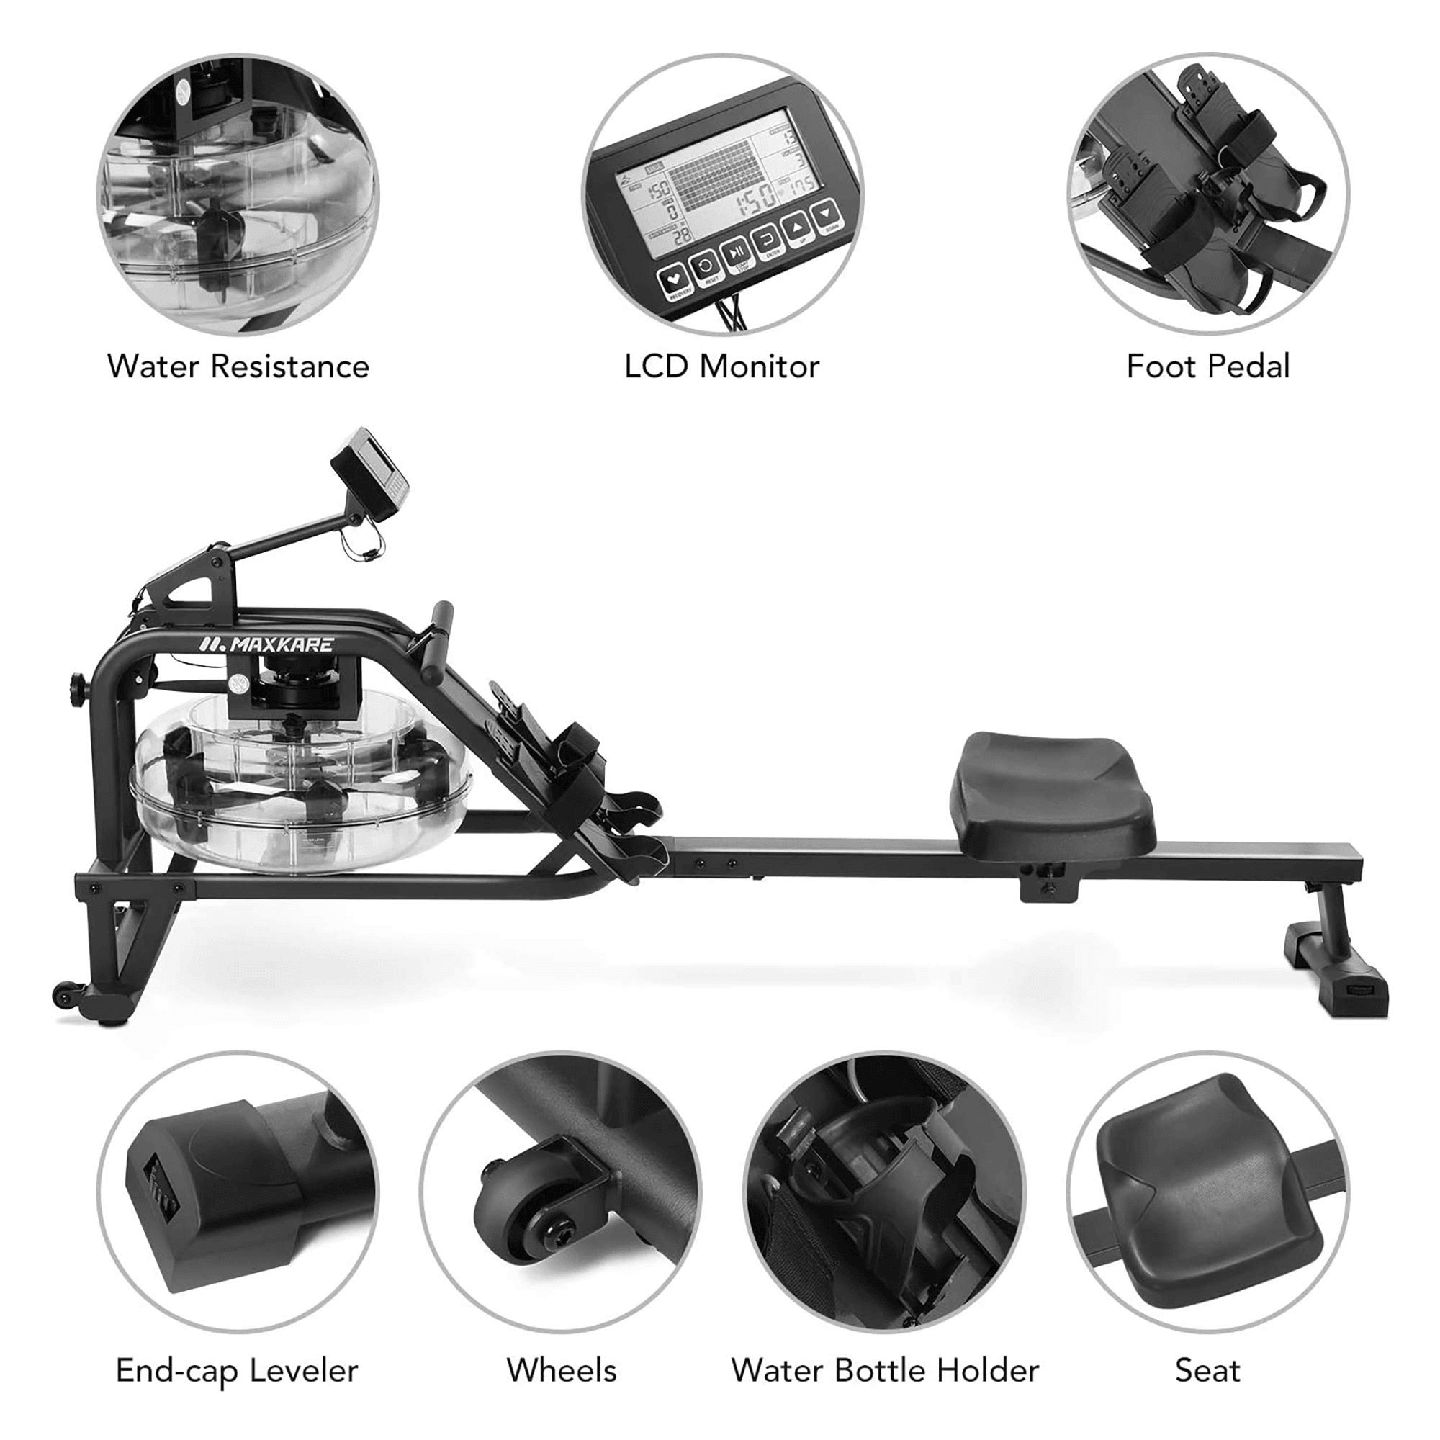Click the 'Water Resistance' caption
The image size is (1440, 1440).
tap(238, 366)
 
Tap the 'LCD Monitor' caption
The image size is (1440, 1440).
tap(721, 366)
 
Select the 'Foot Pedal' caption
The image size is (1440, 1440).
tap(1207, 366)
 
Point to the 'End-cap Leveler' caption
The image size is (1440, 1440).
tap(237, 1370)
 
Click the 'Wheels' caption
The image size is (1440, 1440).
tap(562, 1370)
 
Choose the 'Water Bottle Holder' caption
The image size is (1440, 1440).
tap(885, 1370)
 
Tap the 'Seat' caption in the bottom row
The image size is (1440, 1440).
tap(1207, 1370)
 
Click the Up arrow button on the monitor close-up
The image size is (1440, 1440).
tap(797, 226)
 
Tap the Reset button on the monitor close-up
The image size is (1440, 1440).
tap(705, 262)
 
